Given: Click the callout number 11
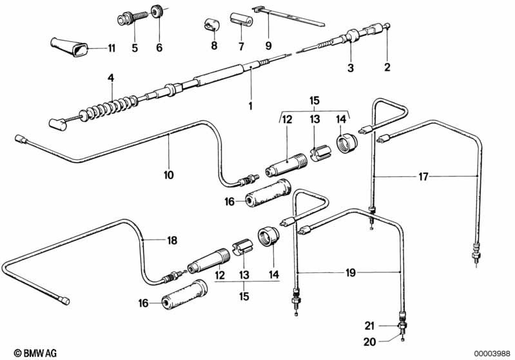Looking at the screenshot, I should point(112,48).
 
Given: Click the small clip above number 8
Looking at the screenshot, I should point(209,24).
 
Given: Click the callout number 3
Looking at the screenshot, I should point(351,67).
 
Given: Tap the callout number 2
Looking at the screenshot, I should point(387,67).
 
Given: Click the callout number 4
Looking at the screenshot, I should point(111,78).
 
